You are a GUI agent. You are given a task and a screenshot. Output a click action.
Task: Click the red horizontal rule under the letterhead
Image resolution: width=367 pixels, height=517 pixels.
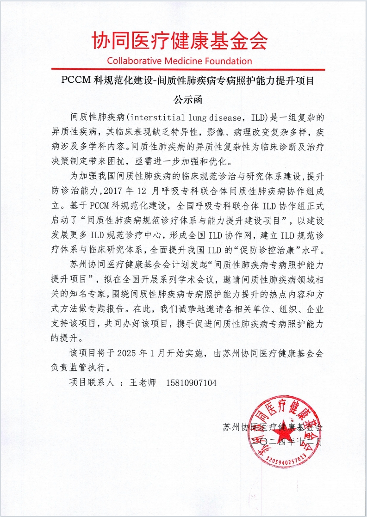tap(183, 70)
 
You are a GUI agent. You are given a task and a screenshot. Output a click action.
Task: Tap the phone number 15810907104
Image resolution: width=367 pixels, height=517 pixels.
tap(190, 383)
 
